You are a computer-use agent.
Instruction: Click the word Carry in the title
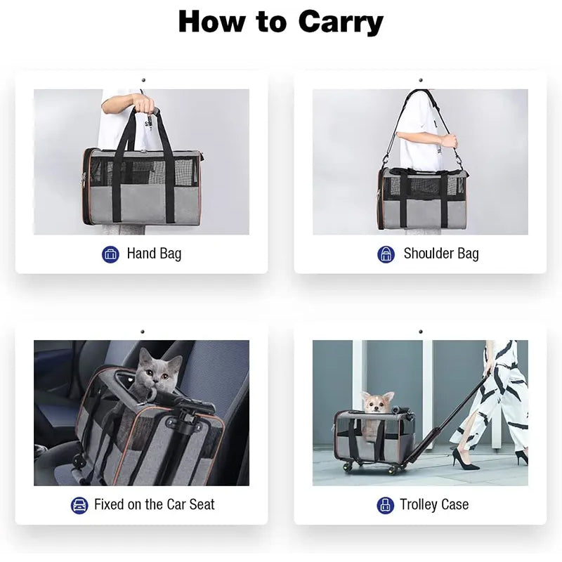(x=341, y=22)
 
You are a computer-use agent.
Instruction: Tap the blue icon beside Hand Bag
(x=110, y=254)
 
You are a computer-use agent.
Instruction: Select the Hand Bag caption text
(x=154, y=254)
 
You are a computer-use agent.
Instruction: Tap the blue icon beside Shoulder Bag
(x=386, y=254)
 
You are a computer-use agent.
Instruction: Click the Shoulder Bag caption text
(x=440, y=254)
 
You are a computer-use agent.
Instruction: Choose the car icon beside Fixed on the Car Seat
(x=79, y=504)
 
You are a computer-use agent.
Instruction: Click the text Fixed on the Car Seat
(x=154, y=504)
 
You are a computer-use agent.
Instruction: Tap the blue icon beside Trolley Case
(x=385, y=504)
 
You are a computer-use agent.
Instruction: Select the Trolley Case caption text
(x=433, y=504)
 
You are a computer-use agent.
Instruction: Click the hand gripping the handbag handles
(x=145, y=104)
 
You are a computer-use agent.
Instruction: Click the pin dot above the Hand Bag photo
(x=142, y=80)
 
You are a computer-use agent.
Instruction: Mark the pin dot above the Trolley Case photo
(x=420, y=332)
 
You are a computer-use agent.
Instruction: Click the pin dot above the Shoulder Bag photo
(x=420, y=80)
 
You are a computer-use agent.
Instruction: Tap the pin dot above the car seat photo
(x=142, y=332)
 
